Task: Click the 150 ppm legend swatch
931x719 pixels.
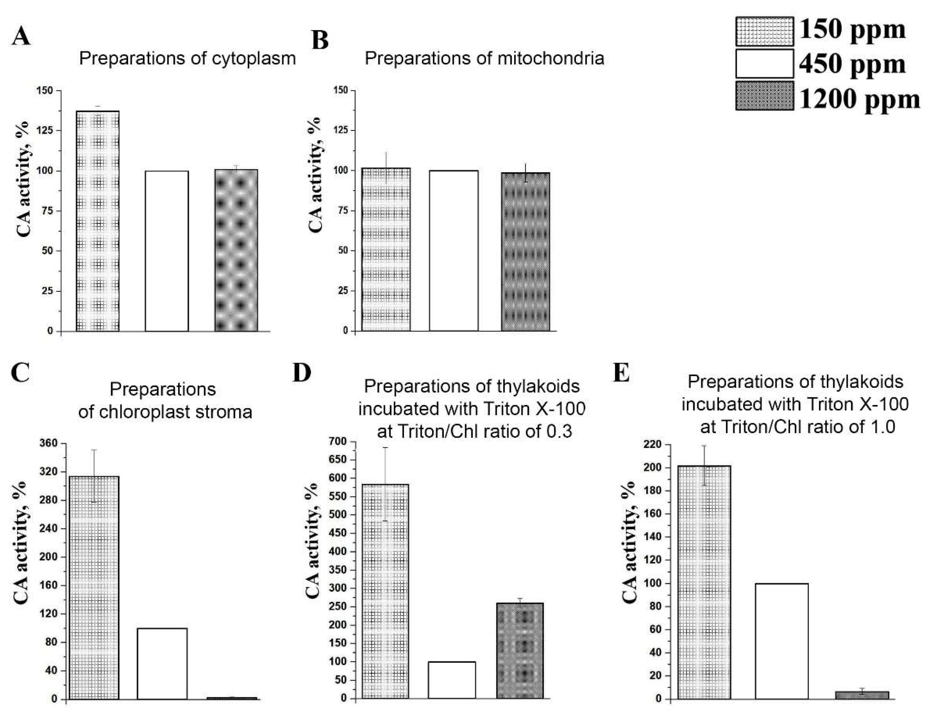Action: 764,32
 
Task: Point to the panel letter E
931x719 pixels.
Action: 621,373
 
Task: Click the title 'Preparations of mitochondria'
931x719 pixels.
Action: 484,58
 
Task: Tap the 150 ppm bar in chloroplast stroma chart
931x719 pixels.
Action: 94,588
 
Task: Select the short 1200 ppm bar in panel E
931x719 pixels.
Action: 862,695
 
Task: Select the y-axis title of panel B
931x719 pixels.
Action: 316,175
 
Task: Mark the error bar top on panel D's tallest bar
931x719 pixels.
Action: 385,447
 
